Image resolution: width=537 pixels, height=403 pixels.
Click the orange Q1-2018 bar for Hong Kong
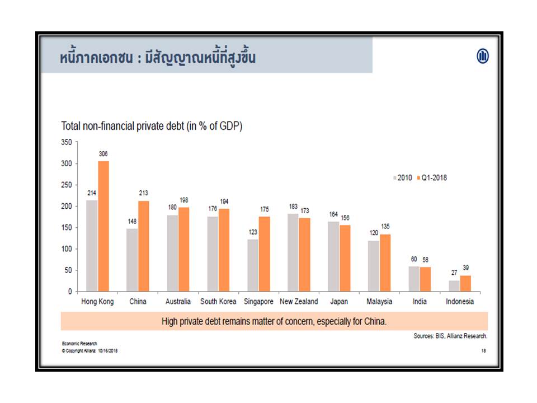[103, 226]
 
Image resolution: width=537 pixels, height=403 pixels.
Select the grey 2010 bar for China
[133, 260]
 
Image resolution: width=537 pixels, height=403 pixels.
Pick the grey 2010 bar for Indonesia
[454, 285]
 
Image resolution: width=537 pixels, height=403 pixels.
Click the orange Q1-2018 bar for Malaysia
[385, 263]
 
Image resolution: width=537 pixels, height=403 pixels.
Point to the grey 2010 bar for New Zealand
[293, 252]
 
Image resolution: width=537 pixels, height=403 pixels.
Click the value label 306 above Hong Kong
[103, 154]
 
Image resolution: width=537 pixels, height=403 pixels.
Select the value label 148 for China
[132, 222]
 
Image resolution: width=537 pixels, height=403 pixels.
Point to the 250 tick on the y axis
[67, 185]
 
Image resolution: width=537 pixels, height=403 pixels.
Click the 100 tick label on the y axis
[67, 249]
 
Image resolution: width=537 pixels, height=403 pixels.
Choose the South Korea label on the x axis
[218, 302]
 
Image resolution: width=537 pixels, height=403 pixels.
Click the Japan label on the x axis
[340, 302]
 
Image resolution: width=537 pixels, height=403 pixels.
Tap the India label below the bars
[420, 302]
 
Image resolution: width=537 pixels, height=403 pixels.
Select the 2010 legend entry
[402, 178]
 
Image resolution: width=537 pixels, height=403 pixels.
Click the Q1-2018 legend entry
[433, 178]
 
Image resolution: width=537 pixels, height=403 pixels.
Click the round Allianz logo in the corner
[482, 56]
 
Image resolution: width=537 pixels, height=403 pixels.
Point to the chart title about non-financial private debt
[152, 127]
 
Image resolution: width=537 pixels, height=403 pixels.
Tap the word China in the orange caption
[375, 322]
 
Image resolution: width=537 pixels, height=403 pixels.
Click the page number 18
[483, 351]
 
